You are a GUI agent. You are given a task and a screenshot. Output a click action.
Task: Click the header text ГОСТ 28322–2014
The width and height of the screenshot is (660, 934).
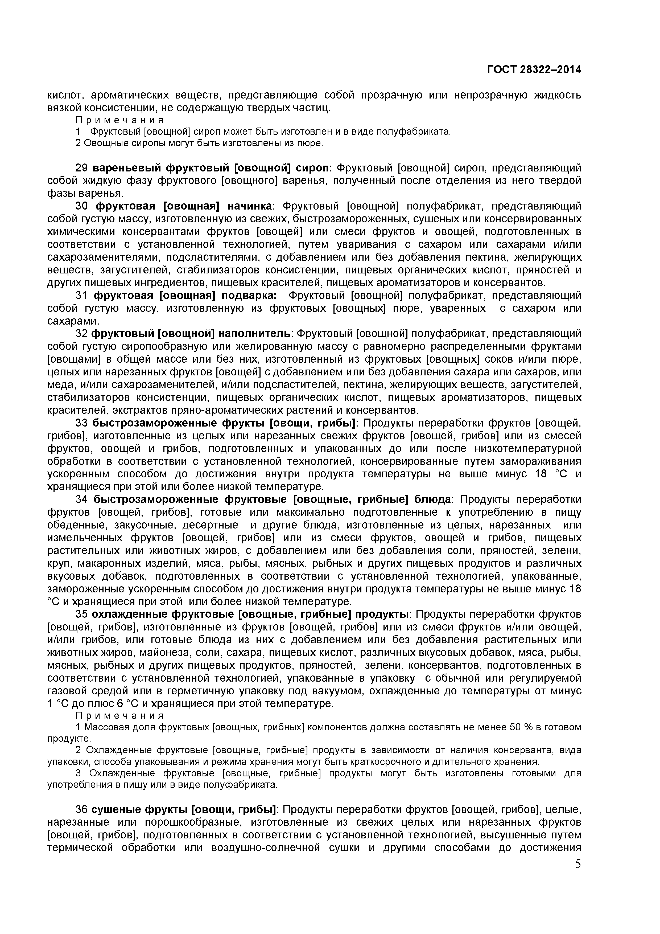click(x=534, y=69)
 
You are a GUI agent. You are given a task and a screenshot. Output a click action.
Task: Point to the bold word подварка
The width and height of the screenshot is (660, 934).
click(x=249, y=295)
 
